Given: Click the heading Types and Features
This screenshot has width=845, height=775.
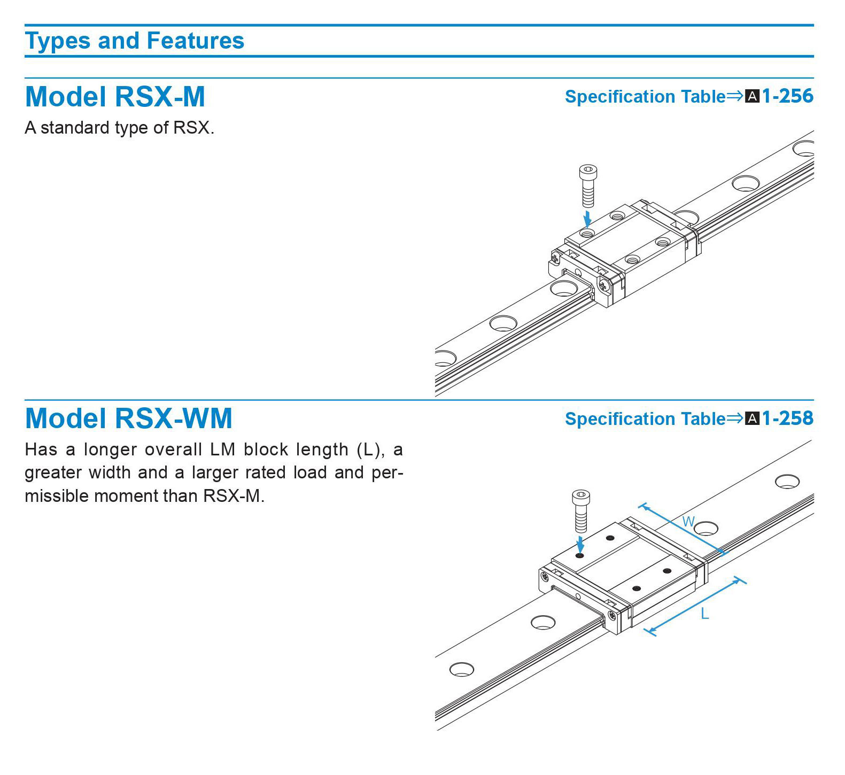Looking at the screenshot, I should [x=134, y=41].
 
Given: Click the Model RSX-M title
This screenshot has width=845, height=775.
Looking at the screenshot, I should [x=115, y=97].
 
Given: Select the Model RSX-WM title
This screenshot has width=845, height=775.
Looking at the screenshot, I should [x=128, y=418].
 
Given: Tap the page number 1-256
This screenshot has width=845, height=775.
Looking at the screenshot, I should [x=787, y=96].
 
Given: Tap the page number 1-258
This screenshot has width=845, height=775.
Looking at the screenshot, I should [x=787, y=418].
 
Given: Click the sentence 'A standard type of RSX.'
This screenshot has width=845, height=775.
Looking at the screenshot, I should [x=119, y=128].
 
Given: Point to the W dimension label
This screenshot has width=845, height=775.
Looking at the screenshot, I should [x=688, y=522].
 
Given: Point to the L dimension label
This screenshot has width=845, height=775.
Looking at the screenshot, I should [x=705, y=614].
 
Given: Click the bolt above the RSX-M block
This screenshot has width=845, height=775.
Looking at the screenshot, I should [x=588, y=185].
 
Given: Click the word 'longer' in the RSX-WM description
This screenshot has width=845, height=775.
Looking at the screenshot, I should [x=109, y=449].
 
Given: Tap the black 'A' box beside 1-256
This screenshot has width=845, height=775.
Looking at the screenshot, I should [x=752, y=97].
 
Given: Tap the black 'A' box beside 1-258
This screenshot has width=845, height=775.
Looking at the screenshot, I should [x=752, y=419].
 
